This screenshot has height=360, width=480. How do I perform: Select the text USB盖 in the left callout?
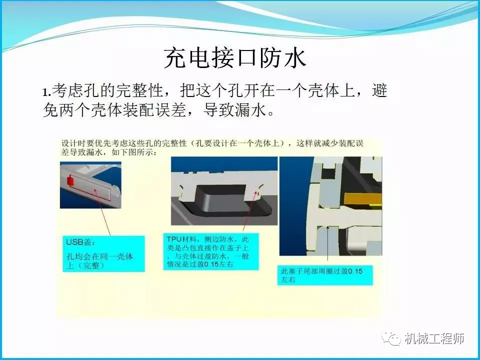pos(77,242)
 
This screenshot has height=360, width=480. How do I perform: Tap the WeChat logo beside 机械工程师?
pos(391,338)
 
